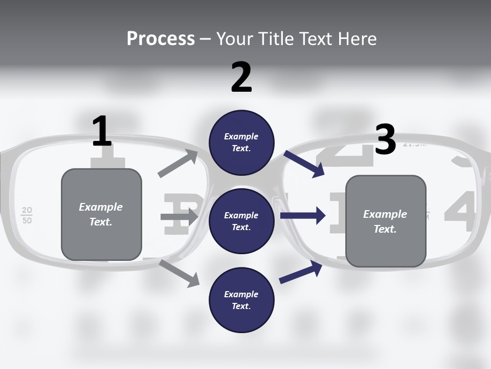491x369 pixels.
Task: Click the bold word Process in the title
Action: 161,38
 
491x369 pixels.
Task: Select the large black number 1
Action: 102,132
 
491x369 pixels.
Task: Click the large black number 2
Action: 241,77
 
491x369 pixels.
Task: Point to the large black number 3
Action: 385,140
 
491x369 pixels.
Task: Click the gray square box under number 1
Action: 101,214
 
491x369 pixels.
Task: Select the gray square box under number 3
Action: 386,221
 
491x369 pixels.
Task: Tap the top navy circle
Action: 241,142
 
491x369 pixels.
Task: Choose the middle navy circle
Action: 241,221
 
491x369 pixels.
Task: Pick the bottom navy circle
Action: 241,300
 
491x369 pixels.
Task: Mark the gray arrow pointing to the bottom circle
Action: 180,273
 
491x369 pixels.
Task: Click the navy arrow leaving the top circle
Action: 304,164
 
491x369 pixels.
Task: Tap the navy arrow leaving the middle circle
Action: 303,216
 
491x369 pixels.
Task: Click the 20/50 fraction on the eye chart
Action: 27,215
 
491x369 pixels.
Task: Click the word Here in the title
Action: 358,38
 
